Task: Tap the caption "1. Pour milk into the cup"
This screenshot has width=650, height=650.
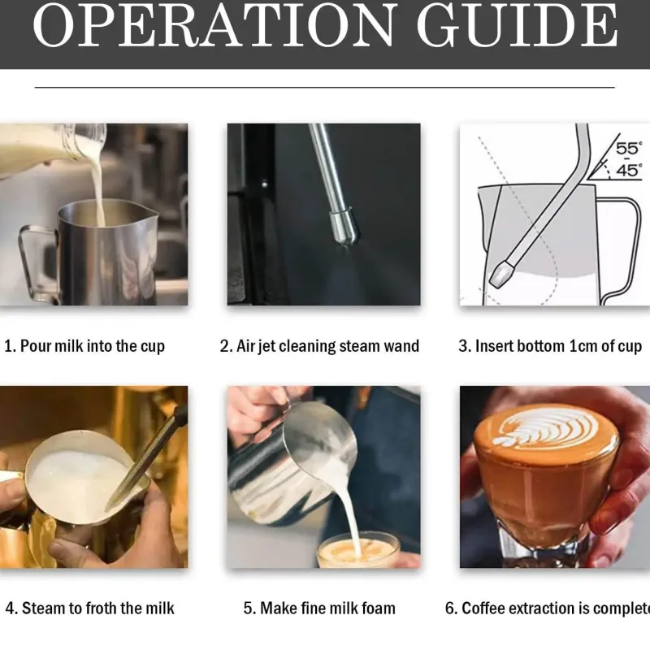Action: coord(84,346)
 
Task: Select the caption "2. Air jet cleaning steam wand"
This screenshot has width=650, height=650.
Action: coord(319,346)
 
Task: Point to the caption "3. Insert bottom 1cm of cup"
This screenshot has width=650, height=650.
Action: coord(550,346)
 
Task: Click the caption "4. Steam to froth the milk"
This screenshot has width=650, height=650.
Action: coord(90,608)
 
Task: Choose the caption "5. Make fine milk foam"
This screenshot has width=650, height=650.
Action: coord(319,608)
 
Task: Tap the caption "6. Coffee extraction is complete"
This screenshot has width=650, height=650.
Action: coord(548,608)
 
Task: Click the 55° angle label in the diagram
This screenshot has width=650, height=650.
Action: coord(629,148)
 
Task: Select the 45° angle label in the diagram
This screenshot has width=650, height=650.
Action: coord(629,170)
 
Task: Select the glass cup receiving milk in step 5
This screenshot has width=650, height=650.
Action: coord(358,550)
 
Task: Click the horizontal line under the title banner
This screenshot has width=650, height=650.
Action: coord(324,88)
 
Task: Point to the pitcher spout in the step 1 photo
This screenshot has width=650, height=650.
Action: coord(152,214)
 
